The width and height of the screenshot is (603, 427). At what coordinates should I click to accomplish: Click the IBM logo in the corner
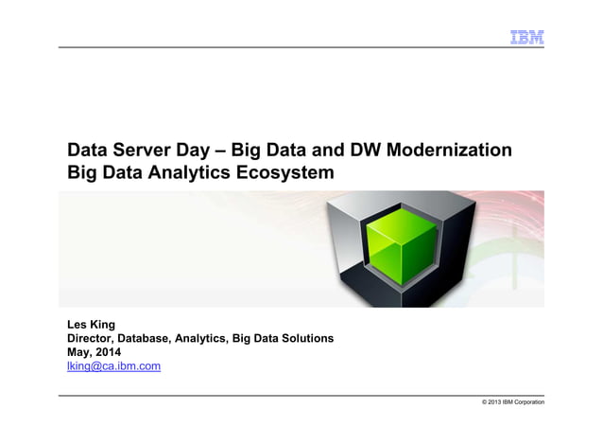coord(526,37)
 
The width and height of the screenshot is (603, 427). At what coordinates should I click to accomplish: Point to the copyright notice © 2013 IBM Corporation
coord(512,404)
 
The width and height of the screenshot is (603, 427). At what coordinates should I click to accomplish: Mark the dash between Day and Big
coord(232,151)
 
